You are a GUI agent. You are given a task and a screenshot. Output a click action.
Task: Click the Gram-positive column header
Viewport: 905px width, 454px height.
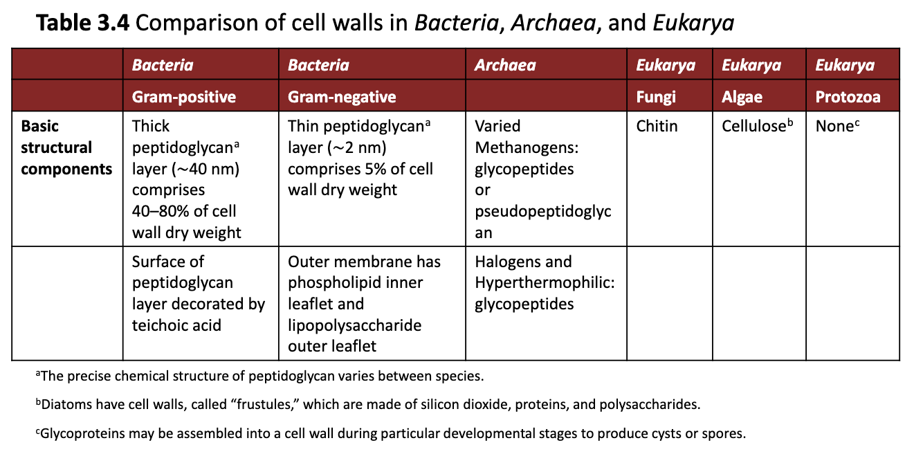183,97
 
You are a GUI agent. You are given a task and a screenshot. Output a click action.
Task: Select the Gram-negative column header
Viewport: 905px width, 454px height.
342,97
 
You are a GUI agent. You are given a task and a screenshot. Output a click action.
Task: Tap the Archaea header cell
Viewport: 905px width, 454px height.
505,66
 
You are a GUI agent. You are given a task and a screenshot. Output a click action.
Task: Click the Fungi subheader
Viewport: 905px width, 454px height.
656,97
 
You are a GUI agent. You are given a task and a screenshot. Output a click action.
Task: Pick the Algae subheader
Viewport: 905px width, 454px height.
742,97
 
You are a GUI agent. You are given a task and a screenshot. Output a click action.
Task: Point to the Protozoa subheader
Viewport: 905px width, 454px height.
848,97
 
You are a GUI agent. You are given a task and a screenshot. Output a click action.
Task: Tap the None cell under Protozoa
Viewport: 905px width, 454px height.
834,127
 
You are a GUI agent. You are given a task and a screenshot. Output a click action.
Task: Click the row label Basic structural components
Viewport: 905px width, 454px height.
66,147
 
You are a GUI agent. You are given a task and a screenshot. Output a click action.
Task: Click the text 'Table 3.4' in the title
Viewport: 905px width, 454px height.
83,24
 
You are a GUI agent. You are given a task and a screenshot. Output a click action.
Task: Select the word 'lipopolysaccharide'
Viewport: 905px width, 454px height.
355,325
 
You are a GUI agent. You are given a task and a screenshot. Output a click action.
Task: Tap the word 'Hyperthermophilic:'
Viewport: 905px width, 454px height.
545,283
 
